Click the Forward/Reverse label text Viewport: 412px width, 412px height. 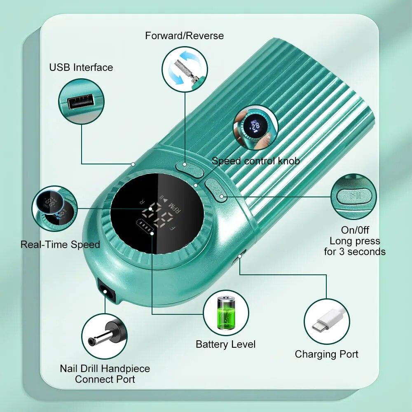click(184, 36)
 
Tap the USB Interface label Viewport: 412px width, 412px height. click(81, 68)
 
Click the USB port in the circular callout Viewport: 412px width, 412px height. click(81, 101)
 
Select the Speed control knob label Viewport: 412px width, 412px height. click(255, 161)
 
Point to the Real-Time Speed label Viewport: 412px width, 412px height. click(60, 245)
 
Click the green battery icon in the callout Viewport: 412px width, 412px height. click(226, 313)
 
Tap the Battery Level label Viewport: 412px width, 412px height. click(226, 344)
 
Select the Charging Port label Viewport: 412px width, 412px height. click(327, 354)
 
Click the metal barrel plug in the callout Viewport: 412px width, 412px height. click(104, 336)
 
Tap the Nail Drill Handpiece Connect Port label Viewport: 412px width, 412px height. click(105, 374)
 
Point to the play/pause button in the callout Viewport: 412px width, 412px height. click(354, 196)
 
